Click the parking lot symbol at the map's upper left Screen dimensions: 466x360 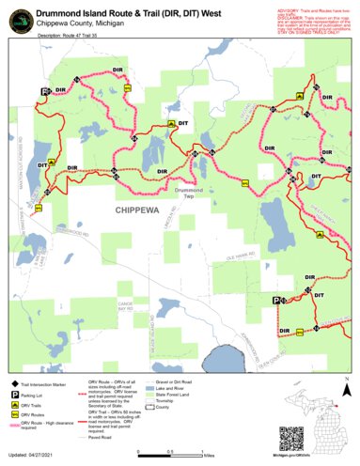coord(43,91)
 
